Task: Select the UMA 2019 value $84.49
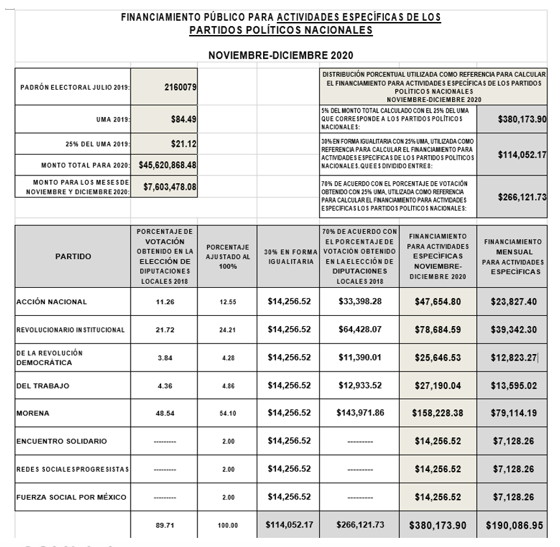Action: coord(183,120)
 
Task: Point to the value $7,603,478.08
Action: coord(170,187)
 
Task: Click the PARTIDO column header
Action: coord(73,257)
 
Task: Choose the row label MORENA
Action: coord(34,413)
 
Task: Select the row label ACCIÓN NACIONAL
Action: coord(51,301)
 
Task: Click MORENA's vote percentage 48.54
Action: coord(165,413)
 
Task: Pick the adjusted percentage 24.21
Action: coord(227,329)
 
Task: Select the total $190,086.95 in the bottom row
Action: coord(514,525)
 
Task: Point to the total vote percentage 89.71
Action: coord(165,526)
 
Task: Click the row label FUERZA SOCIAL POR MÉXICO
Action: coord(71,498)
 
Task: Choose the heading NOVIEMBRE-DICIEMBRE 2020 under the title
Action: coord(280,55)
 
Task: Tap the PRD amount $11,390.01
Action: coord(361,357)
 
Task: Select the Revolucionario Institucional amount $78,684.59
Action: coord(438,329)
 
